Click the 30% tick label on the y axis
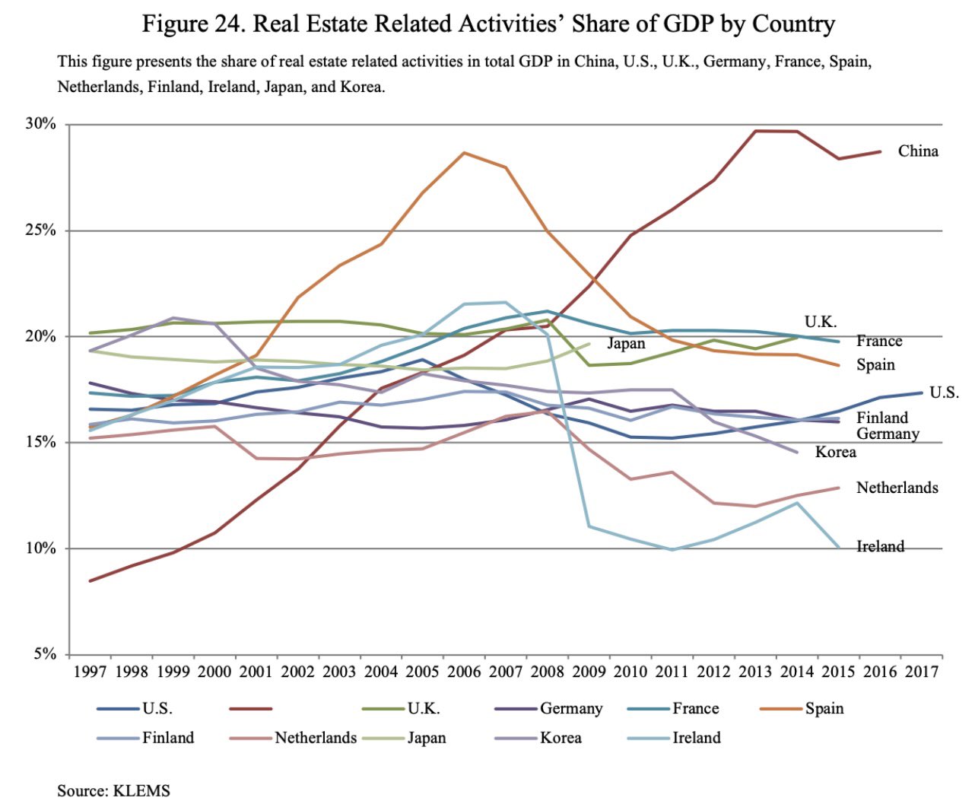pos(40,124)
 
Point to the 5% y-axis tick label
pos(44,654)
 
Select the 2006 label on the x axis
pos(464,672)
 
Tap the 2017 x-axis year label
pos(922,672)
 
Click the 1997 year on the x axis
pos(90,672)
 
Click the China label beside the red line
pos(918,151)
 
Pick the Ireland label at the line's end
pos(880,546)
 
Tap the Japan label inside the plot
pos(626,344)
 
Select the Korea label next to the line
pos(835,452)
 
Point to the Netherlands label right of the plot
pos(897,488)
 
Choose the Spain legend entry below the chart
pos(824,709)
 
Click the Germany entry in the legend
pos(570,709)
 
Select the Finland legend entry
pos(168,738)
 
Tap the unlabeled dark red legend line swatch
pos(250,709)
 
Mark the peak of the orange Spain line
pos(464,153)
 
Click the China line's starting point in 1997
pos(90,581)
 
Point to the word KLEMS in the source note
pos(141,790)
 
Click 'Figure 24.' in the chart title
pos(192,24)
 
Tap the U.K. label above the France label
pos(820,322)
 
